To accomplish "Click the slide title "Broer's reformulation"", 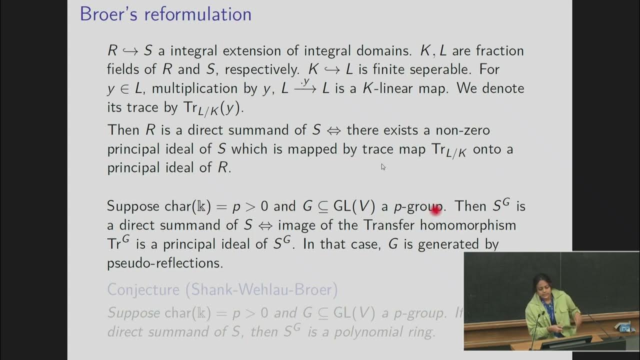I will tap(165, 14).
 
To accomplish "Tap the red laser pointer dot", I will tap(435, 211).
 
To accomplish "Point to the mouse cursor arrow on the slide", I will tap(383, 167).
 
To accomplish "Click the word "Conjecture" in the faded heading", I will tap(143, 289).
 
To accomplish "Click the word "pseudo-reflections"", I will tap(165, 263).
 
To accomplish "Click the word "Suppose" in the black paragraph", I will tap(133, 206).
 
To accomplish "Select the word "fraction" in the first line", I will tap(499, 50).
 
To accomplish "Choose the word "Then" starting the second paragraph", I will tap(123, 130).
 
